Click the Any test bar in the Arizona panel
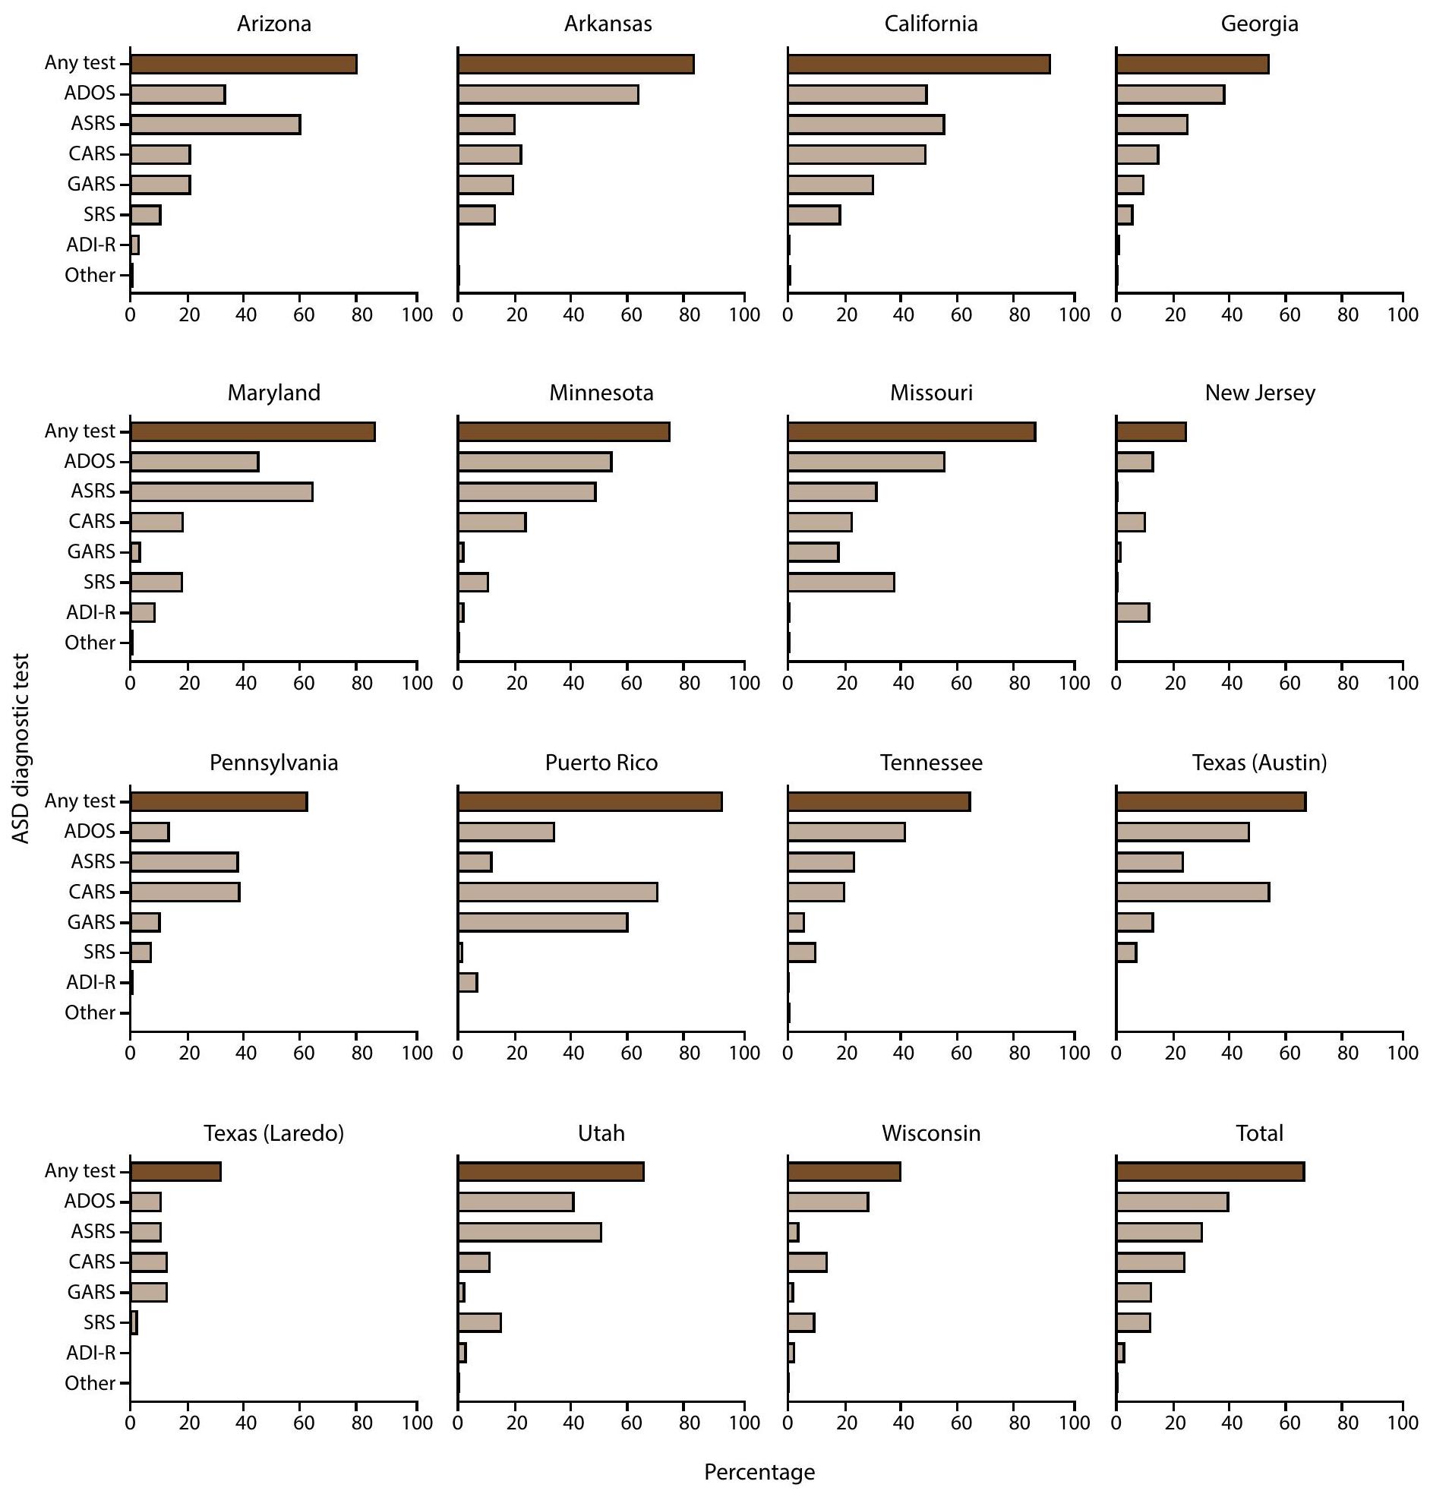pyautogui.click(x=243, y=64)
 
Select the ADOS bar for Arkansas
pyautogui.click(x=548, y=94)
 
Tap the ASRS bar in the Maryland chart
pyautogui.click(x=221, y=491)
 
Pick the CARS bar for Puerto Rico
pyautogui.click(x=557, y=892)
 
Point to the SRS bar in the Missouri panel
pyautogui.click(x=841, y=583)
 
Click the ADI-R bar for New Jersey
pyautogui.click(x=1133, y=612)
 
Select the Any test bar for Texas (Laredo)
pyautogui.click(x=175, y=1171)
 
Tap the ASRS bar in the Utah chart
pyautogui.click(x=530, y=1232)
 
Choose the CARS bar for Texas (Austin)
pyautogui.click(x=1193, y=892)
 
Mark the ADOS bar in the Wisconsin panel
pyautogui.click(x=828, y=1202)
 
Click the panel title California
pyautogui.click(x=931, y=24)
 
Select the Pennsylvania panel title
pyautogui.click(x=273, y=763)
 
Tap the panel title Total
pyautogui.click(x=1259, y=1133)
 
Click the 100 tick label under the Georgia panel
pyautogui.click(x=1403, y=314)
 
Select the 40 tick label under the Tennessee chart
pyautogui.click(x=901, y=1053)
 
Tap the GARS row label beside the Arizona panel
pyautogui.click(x=91, y=185)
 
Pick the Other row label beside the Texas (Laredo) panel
pyautogui.click(x=90, y=1383)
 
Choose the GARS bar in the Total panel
pyautogui.click(x=1134, y=1293)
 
